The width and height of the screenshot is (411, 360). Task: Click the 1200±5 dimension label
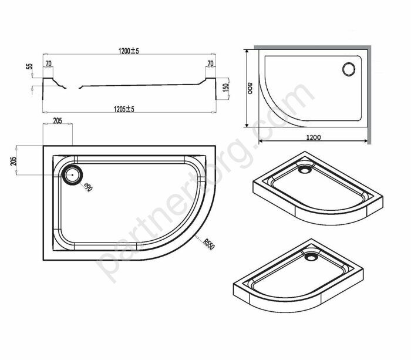tap(128, 52)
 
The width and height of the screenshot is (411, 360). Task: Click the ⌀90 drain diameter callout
tap(87, 188)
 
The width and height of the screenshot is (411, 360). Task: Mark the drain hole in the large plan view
tap(73, 174)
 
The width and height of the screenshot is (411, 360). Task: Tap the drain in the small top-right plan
tap(348, 69)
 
